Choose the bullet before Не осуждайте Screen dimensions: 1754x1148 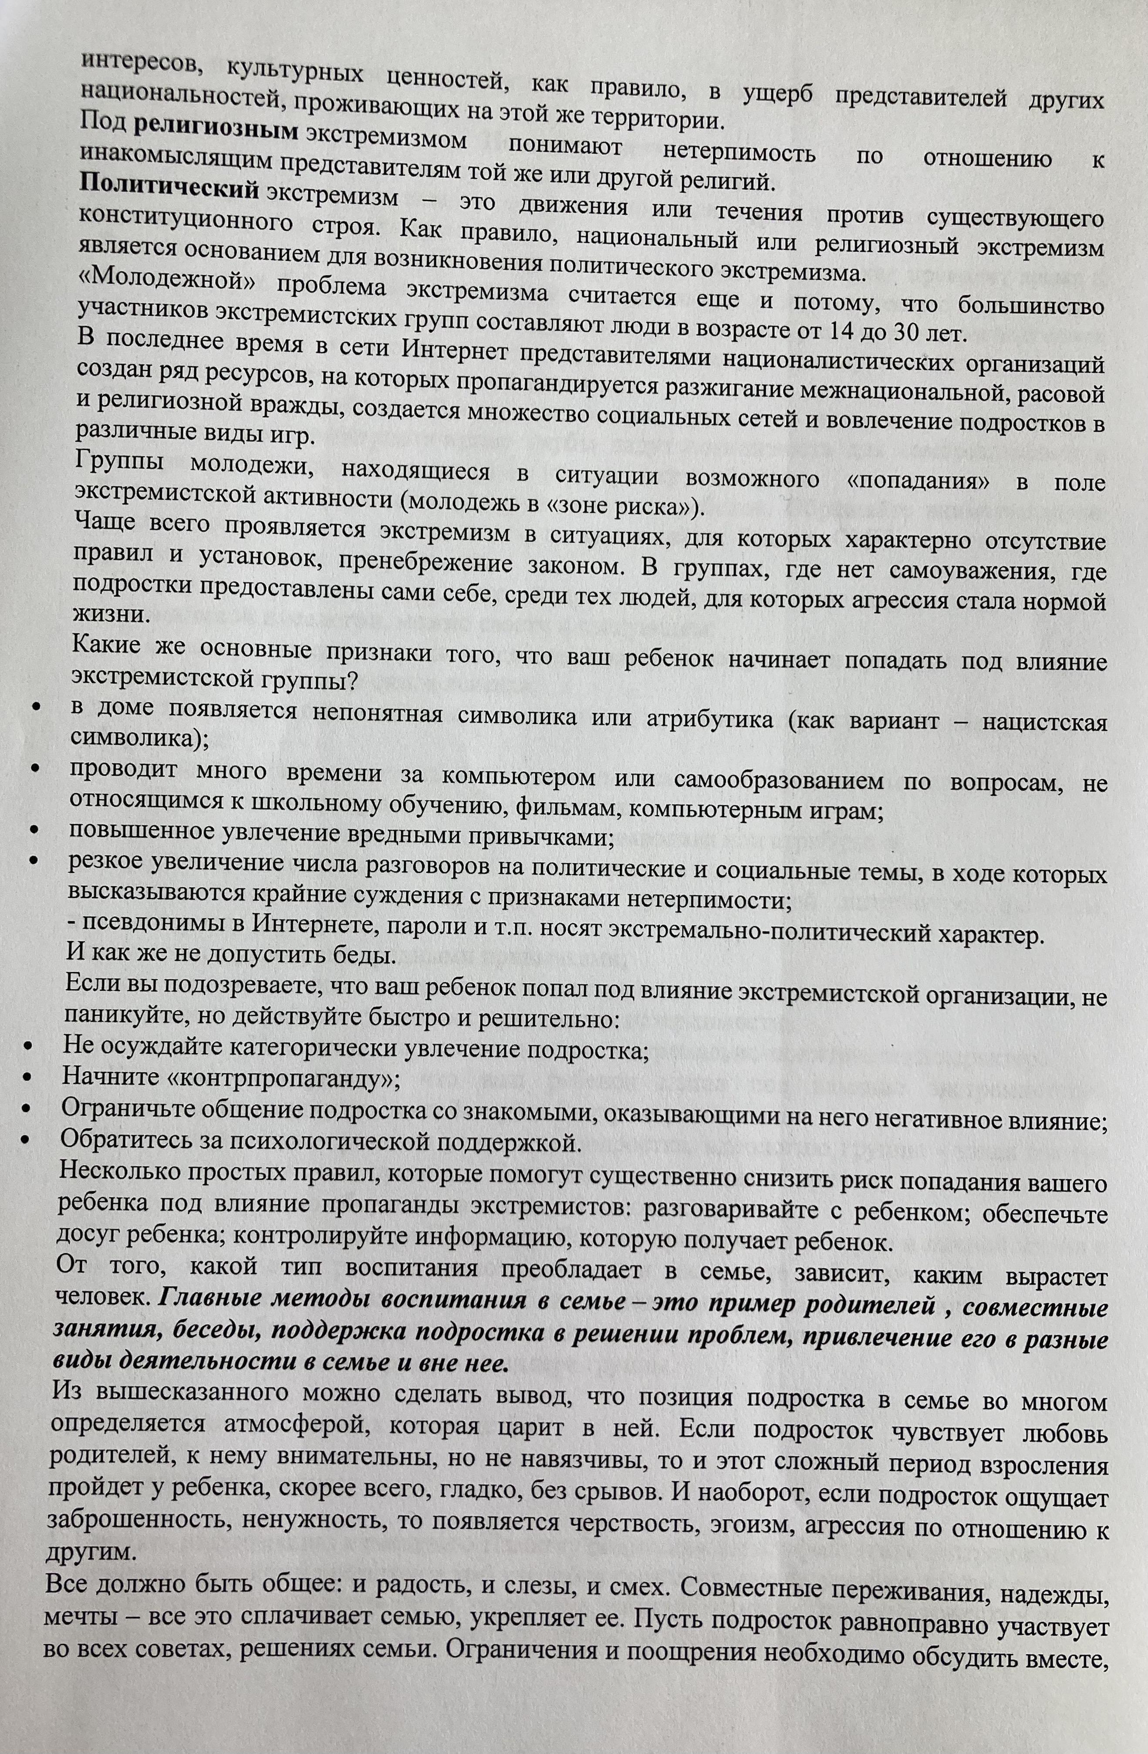pos(28,1047)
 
